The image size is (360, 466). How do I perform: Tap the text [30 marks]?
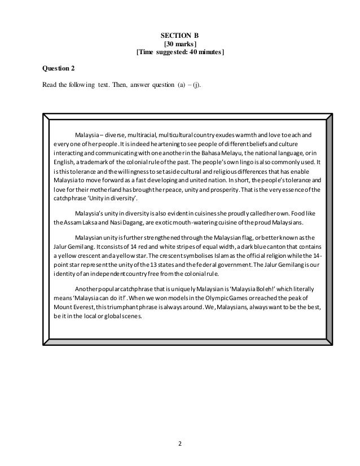coord(180,43)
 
